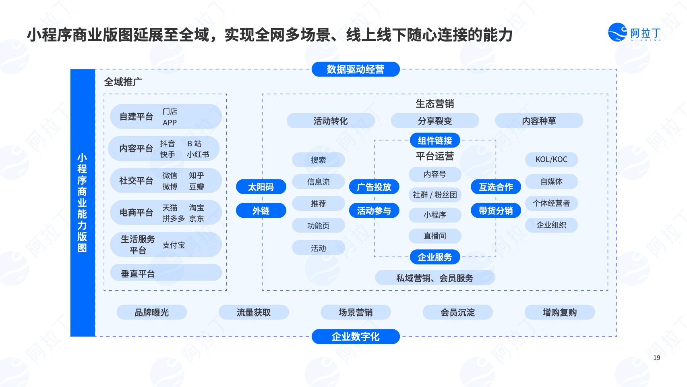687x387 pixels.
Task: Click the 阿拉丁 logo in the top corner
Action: point(634,32)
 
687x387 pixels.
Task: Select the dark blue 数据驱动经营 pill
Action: point(356,69)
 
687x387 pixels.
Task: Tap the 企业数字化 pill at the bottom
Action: point(356,337)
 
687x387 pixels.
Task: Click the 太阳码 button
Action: point(261,187)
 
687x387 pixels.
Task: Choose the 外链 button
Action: point(261,211)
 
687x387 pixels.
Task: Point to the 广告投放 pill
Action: point(374,187)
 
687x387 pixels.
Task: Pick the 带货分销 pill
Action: point(496,211)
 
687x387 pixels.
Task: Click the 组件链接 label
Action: point(435,140)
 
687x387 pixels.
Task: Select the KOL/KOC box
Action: point(551,159)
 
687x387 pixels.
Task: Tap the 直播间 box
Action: point(435,236)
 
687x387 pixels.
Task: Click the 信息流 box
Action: point(319,182)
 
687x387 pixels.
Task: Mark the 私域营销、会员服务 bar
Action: point(435,278)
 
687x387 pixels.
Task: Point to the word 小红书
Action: point(198,154)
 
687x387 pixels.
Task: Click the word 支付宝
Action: point(174,245)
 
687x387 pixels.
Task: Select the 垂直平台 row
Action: point(166,273)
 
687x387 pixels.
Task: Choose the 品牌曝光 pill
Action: point(152,312)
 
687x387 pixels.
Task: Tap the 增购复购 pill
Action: point(560,312)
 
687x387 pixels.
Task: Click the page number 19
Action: point(657,358)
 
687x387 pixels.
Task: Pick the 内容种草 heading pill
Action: point(539,121)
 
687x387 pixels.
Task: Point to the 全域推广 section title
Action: point(123,82)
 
